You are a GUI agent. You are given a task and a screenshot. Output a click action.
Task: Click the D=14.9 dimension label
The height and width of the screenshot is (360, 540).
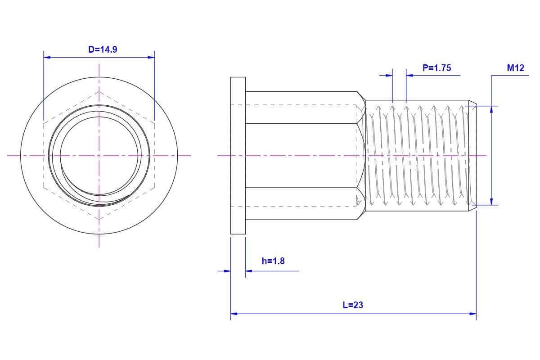[x=103, y=49]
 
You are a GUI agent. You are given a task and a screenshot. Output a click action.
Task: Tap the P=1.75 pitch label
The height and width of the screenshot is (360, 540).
[x=436, y=68]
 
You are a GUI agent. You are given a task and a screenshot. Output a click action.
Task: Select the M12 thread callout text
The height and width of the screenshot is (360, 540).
[x=515, y=68]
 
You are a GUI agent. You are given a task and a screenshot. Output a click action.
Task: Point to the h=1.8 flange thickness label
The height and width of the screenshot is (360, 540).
[x=273, y=261]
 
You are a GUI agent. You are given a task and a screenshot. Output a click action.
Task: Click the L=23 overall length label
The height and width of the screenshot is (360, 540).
[x=353, y=305]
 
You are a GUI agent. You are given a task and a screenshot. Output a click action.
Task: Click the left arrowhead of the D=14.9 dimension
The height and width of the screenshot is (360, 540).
[x=47, y=58]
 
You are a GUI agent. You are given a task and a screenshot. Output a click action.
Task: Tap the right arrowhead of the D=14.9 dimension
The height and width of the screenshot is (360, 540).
[x=151, y=58]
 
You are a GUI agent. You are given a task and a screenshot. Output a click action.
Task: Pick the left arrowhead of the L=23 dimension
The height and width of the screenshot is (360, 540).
[x=234, y=314]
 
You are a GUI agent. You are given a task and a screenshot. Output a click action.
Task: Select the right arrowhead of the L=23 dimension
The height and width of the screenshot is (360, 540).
[x=473, y=314]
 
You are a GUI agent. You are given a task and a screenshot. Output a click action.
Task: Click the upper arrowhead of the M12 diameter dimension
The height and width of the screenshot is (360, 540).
[x=491, y=109]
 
